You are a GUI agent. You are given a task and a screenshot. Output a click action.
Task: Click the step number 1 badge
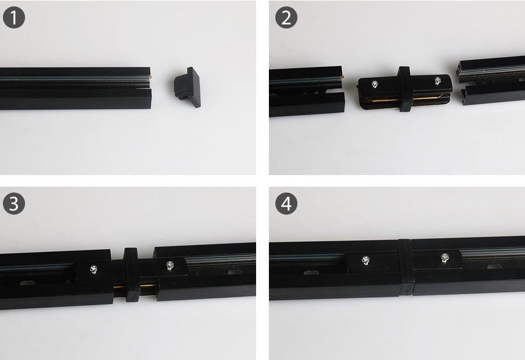point(14,18)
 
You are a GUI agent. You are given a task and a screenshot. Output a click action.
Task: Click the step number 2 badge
point(286,18)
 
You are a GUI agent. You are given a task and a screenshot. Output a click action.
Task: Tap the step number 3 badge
point(14,204)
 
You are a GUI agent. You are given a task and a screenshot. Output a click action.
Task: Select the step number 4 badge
point(286,204)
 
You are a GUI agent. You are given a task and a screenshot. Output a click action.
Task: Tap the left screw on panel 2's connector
point(373,84)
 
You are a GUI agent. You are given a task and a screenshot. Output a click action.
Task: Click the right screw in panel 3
point(169,265)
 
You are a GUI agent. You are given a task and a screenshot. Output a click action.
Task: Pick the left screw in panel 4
point(366,260)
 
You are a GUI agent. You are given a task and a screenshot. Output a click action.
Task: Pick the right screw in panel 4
point(445,256)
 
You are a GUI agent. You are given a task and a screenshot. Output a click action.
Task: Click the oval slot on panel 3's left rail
point(27,283)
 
